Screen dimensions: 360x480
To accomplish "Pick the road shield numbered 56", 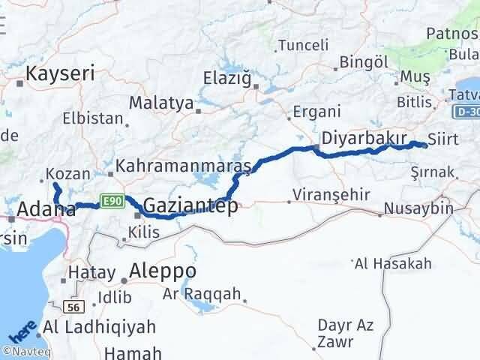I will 73,307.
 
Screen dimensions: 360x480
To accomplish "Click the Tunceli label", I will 303,45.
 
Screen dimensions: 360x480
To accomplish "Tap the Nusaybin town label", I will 418,208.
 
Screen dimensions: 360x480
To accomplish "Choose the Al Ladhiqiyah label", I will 100,327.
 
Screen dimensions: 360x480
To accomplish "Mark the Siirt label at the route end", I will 442,139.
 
